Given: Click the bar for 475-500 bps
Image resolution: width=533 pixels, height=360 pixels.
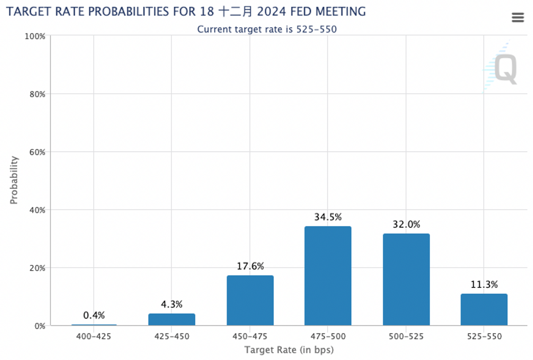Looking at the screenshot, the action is [328, 276].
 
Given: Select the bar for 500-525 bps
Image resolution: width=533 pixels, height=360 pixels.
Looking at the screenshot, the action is [406, 280].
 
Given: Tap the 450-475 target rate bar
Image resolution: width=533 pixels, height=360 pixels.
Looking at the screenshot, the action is [250, 300].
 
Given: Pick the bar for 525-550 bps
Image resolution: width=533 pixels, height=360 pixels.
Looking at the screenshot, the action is [484, 309].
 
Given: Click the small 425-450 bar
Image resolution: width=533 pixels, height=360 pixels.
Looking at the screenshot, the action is [172, 320].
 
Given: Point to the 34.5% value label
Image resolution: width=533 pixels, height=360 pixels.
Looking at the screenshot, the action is [328, 217].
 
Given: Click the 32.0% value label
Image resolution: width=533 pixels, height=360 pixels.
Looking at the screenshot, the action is [406, 224].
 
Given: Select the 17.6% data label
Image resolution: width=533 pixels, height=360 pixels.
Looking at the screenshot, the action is [251, 266].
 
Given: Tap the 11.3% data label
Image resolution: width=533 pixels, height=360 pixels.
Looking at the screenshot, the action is [484, 284].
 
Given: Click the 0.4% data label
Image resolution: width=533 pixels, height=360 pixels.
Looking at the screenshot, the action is [94, 316].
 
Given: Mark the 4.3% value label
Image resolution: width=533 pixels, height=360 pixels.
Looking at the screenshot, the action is [172, 304].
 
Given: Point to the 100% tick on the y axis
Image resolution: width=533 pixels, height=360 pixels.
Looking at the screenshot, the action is [35, 36].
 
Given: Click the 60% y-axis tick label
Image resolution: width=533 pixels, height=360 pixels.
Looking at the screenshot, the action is [37, 152].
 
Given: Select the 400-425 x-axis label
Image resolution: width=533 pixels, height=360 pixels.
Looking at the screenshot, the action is [94, 336].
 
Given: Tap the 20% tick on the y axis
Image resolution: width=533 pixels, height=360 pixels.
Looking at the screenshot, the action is [37, 268].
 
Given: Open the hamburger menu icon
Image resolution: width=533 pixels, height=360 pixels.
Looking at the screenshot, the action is [518, 18].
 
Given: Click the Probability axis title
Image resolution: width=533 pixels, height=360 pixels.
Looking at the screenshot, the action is [14, 180].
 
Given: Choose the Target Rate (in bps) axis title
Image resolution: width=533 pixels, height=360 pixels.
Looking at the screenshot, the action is [289, 350].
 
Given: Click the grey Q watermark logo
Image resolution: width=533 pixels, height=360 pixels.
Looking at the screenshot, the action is [505, 69].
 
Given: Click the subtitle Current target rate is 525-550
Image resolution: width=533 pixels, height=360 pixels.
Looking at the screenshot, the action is [267, 29].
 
